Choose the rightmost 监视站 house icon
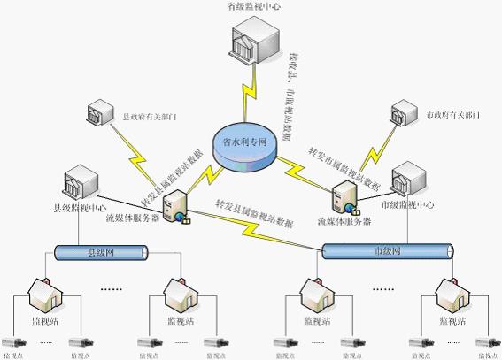coord(446,293)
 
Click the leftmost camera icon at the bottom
coord(13,340)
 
